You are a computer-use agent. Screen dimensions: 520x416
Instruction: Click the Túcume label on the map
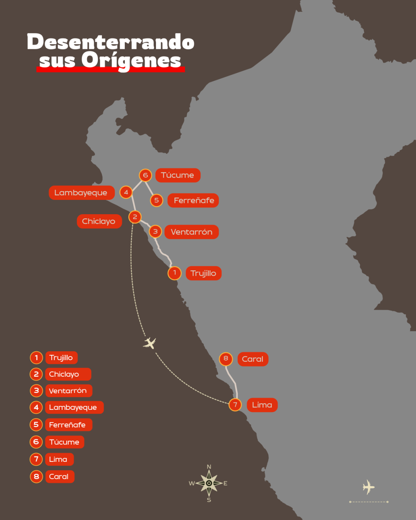coord(178,175)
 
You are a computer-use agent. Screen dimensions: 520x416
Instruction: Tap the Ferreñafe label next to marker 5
coord(193,200)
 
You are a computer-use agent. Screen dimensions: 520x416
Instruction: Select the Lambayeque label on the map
coord(81,193)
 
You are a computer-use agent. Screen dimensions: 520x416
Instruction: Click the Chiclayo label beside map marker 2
coord(99,221)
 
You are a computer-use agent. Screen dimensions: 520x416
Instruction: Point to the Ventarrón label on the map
coord(191,232)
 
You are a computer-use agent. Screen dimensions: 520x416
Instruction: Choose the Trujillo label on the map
coord(203,273)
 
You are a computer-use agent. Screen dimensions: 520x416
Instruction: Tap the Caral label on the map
coord(253,359)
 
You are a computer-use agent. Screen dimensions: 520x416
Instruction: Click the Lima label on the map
coord(262,405)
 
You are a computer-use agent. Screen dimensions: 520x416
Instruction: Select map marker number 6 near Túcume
coord(145,175)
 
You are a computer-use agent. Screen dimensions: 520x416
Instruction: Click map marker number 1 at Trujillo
coord(174,273)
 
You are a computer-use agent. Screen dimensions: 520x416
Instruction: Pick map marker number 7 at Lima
coord(235,405)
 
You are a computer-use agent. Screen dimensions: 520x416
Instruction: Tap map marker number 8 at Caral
coord(226,359)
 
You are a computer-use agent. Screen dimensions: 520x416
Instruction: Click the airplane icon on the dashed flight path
coord(149,342)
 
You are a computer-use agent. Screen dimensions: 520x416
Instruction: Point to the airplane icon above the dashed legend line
coord(369,487)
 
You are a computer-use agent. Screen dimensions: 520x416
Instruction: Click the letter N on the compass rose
coord(209,467)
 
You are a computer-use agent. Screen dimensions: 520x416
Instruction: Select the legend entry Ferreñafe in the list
coord(68,425)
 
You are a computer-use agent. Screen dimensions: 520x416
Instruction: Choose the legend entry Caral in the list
coord(59,476)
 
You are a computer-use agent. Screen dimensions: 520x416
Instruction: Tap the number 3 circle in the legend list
coord(36,391)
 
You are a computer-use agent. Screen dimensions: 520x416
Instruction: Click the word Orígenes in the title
coord(131,60)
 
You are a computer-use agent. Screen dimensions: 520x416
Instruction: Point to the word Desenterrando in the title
coord(111,42)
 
